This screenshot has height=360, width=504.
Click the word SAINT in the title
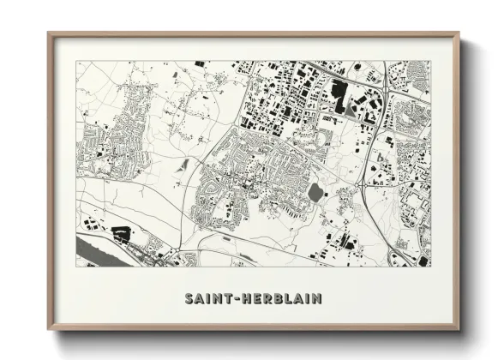pyautogui.click(x=210, y=299)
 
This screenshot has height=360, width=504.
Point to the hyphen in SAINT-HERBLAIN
pyautogui.click(x=239, y=299)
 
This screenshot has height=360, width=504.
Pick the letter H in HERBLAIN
pyautogui.click(x=249, y=299)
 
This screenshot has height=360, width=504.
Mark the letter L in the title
pyautogui.click(x=289, y=299)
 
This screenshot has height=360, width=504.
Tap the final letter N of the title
pyautogui.click(x=318, y=299)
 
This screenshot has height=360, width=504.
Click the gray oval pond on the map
pyautogui.click(x=315, y=193)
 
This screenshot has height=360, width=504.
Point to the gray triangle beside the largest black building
pyautogui.click(x=353, y=106)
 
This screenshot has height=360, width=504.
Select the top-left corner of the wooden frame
pyautogui.click(x=49, y=33)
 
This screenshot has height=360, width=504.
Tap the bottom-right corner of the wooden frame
pyautogui.click(x=459, y=330)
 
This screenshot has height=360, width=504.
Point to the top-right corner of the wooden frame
pyautogui.click(x=459, y=33)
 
